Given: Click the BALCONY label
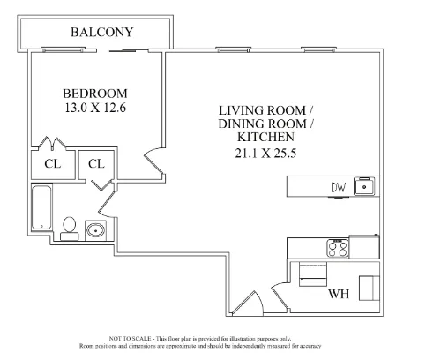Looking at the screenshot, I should coord(101,33).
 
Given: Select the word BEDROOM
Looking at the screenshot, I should coord(94,94).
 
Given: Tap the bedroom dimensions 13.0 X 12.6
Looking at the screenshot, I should coord(94,109).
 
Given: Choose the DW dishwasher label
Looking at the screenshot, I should coord(338,186).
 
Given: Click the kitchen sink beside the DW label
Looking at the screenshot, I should coord(365,186).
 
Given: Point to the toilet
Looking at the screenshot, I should coord(71,226).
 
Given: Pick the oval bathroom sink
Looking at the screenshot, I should coord(96,231).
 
